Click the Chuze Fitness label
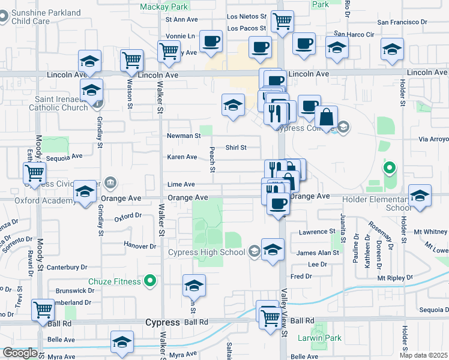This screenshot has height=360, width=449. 115,281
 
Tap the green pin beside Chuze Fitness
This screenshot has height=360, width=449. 150,281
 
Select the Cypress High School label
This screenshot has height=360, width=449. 207,252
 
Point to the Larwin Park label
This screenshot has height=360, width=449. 319,338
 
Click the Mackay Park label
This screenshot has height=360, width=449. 164,7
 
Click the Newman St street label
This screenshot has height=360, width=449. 184,136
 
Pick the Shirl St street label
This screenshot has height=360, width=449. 236,147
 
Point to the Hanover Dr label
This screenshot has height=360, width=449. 140,245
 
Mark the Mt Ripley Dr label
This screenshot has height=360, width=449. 394,278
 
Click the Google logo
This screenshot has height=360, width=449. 20,353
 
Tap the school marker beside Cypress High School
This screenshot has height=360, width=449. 273,250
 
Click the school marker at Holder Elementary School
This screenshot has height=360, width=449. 420,196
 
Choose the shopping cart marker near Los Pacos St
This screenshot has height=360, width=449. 282,22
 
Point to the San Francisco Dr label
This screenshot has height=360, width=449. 402,22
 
